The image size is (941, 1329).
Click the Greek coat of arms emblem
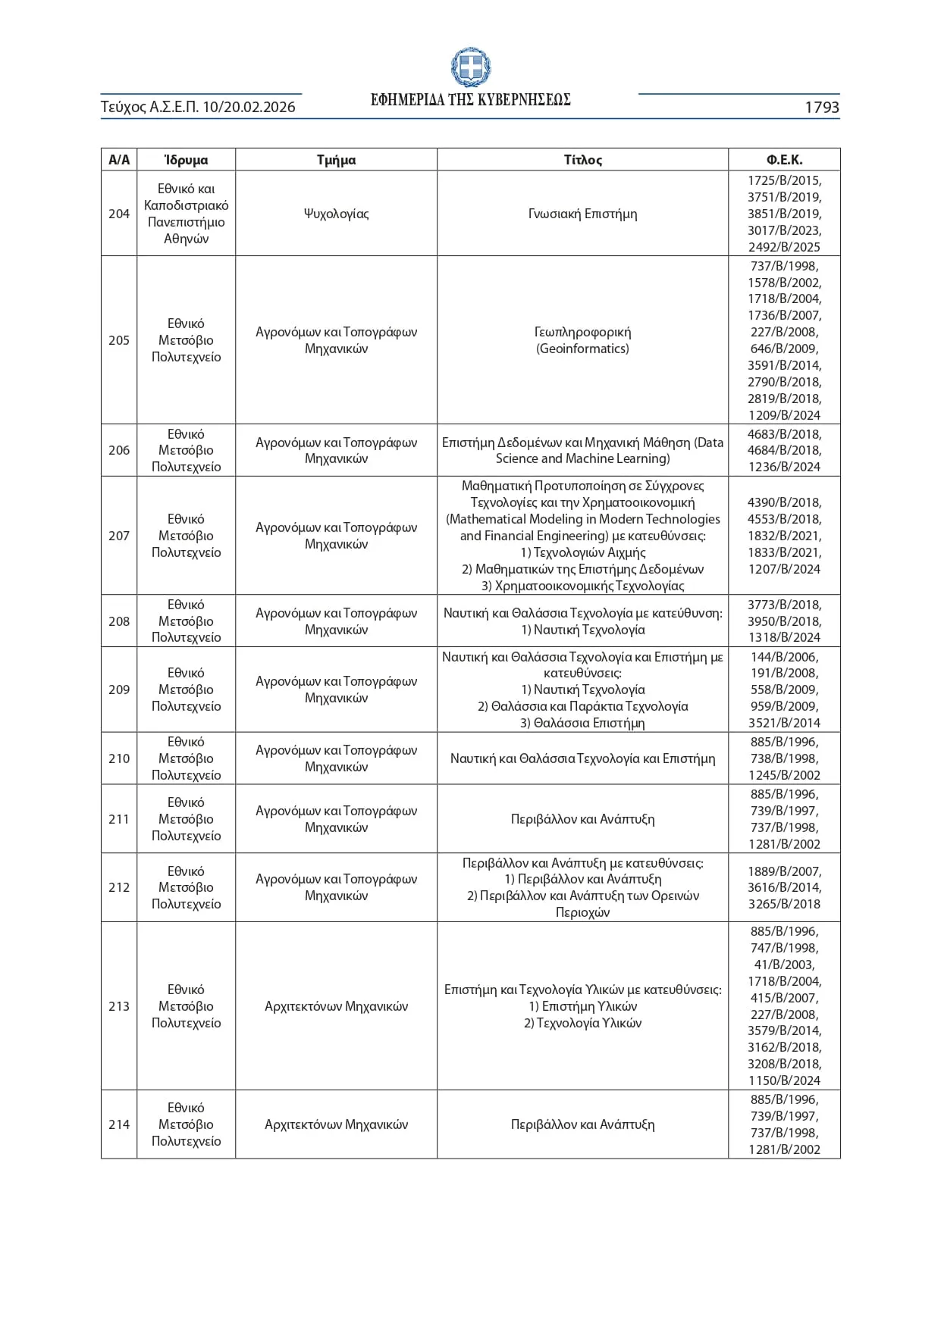coord(470,67)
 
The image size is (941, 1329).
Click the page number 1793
coord(821,108)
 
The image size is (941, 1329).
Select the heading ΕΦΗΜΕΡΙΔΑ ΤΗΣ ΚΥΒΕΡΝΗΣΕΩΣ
coord(470,100)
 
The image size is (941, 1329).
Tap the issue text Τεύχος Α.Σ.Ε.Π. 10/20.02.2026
coord(198,108)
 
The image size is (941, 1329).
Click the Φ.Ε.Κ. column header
coord(784,160)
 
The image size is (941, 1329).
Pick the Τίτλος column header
coord(582,160)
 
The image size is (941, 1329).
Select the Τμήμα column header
coord(336,160)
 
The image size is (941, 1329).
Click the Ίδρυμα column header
coord(186,160)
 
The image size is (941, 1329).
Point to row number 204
coord(119,214)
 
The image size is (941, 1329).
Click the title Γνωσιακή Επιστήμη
coord(582,214)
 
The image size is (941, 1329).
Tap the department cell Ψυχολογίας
coord(336,214)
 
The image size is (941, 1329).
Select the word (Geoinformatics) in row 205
coord(582,349)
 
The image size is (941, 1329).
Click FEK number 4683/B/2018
coord(784,434)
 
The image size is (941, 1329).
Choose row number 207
coord(119,536)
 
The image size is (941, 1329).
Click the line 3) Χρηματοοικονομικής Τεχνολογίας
coord(582,586)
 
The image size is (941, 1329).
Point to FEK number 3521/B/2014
coord(784,723)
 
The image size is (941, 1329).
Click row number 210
coord(119,758)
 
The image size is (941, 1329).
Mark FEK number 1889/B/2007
coord(784,871)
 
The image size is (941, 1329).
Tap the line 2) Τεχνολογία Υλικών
coord(582,1023)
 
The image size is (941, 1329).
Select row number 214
coord(119,1124)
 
